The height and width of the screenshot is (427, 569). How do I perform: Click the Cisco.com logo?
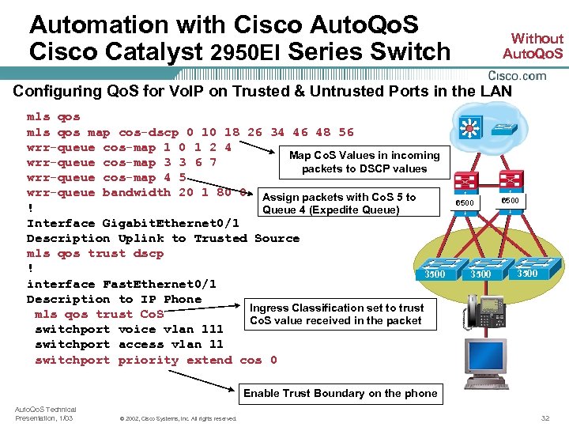click(x=517, y=76)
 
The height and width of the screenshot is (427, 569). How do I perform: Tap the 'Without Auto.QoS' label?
click(x=536, y=46)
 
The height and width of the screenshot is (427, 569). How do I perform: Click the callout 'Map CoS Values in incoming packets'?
click(x=364, y=162)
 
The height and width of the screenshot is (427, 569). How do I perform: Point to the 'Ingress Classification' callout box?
click(x=337, y=314)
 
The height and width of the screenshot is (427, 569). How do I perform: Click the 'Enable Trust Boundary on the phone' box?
click(x=340, y=393)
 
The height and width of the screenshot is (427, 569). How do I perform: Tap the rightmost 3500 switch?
click(x=526, y=268)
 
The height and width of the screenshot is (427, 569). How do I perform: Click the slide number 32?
click(x=545, y=418)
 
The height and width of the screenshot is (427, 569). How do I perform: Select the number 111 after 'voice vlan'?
click(x=212, y=329)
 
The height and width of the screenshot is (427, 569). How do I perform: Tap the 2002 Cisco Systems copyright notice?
click(x=176, y=418)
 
